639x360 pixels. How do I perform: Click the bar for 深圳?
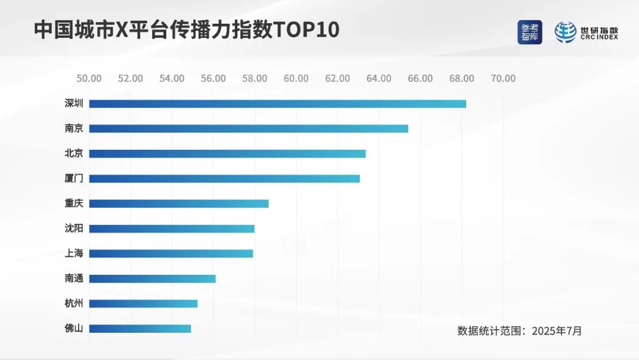tap(277, 104)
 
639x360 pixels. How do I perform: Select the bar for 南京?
tap(248, 128)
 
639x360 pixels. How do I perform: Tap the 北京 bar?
tap(227, 153)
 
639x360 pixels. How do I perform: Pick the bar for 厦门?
tap(224, 178)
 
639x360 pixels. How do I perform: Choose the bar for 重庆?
tap(179, 203)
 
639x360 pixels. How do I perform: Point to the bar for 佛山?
tap(140, 328)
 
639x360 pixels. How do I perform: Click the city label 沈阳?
tap(74, 229)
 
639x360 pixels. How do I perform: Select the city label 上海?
tap(74, 253)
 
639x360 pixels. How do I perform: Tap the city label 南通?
tap(74, 278)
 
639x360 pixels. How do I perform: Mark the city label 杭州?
tap(74, 303)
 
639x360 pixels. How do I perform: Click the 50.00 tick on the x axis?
tap(89, 78)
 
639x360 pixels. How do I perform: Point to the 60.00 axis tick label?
tap(296, 78)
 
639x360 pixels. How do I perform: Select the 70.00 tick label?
tap(503, 78)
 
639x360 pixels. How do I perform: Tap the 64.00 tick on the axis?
tap(379, 78)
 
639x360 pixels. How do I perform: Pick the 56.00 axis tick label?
tap(213, 78)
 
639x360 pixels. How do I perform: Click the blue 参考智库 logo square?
tap(530, 32)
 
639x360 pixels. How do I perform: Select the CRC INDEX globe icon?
tap(565, 32)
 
